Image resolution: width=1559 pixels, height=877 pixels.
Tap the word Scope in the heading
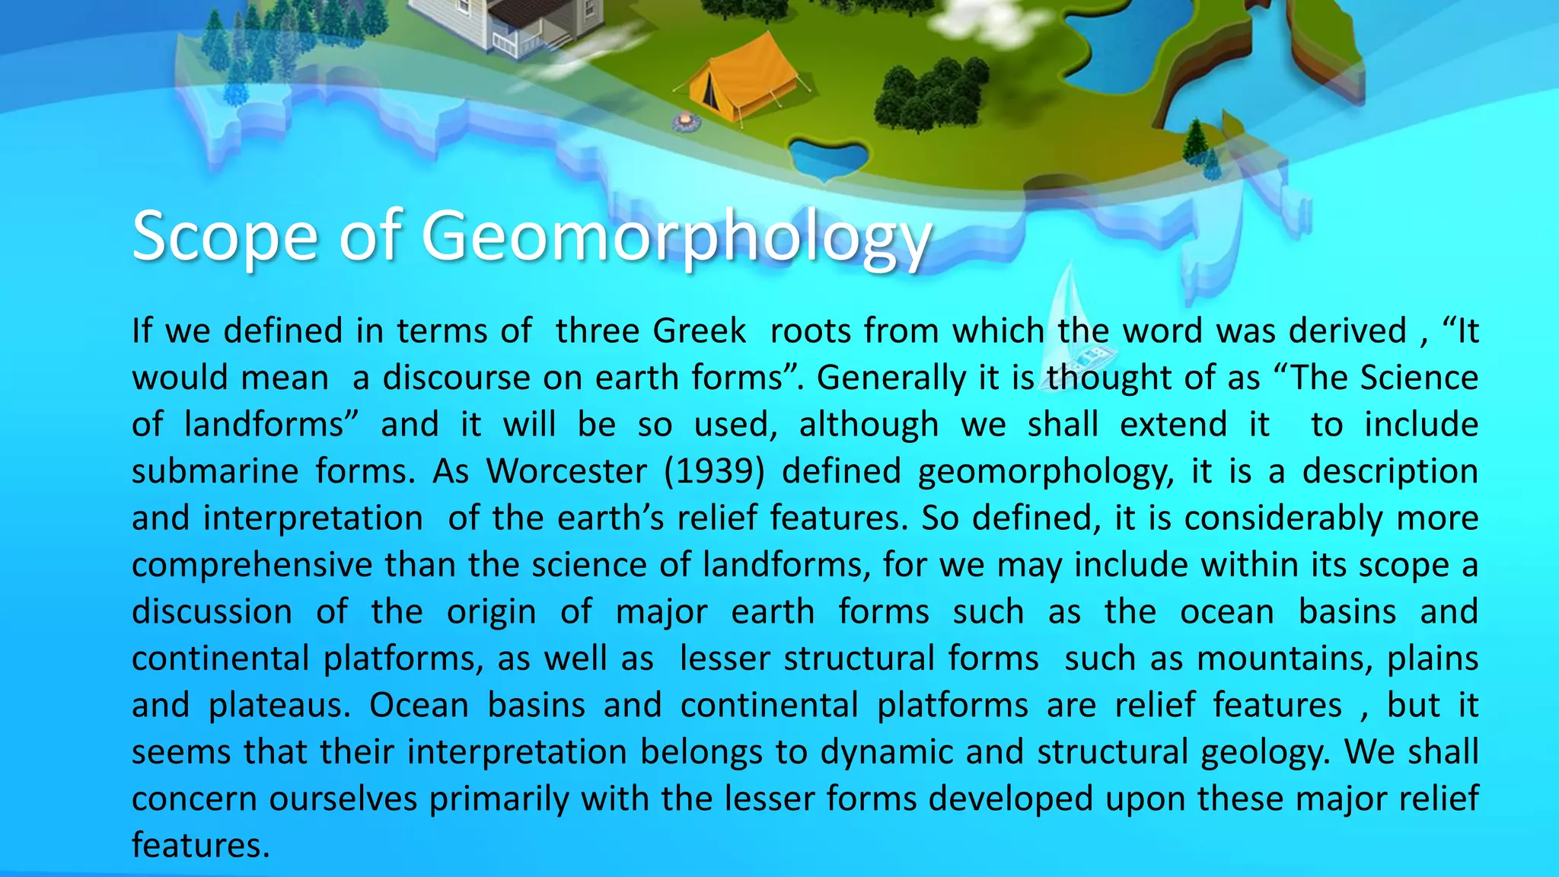coord(225,237)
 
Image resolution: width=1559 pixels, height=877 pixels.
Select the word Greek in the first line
coord(699,331)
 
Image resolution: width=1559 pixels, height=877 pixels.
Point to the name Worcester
coord(566,471)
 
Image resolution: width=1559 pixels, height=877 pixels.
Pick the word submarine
coord(214,471)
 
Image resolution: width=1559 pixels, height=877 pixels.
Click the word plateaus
coord(279,706)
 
